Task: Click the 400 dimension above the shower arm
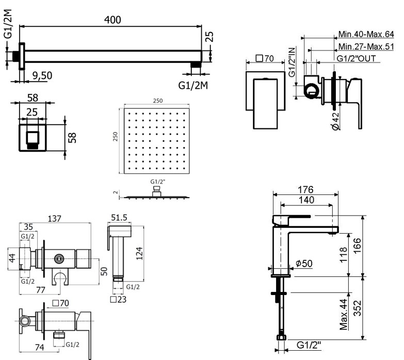112,20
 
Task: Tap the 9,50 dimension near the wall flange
42,76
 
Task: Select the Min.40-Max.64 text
366,34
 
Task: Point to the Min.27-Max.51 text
366,46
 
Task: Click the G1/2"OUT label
356,58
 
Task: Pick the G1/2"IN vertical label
292,62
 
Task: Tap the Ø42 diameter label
335,121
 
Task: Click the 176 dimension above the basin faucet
305,190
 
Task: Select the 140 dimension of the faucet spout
306,200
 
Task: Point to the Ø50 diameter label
304,264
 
